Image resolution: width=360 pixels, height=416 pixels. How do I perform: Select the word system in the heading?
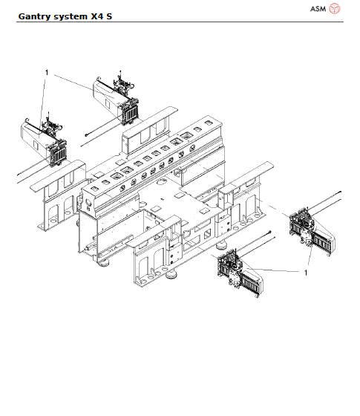73,15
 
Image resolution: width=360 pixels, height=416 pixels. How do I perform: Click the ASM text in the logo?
318,9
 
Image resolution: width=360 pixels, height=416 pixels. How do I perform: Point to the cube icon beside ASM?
335,9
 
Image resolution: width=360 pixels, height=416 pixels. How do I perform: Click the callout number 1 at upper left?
47,73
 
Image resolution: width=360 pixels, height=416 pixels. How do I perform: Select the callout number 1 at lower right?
305,273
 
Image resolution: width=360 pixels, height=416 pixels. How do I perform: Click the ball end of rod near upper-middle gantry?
86,134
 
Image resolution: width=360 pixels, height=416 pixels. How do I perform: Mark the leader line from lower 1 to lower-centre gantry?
275,269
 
